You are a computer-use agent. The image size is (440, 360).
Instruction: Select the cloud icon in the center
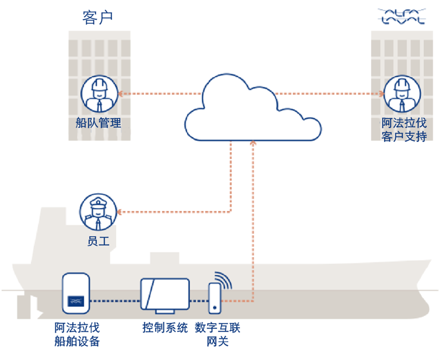pos(253,109)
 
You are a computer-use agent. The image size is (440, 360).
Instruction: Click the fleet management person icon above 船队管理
pos(99,94)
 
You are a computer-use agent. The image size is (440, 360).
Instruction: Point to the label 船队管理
pos(98,123)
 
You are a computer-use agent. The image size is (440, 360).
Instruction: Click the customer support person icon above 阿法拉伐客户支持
pos(403,94)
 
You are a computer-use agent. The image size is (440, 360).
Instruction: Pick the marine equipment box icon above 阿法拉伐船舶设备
pos(76,294)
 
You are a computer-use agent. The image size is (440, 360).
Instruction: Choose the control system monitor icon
pos(165,296)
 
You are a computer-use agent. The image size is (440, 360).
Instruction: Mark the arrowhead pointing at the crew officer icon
pos(121,212)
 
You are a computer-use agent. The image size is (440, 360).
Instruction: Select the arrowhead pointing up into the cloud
pos(253,144)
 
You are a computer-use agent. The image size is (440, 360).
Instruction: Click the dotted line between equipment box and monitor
pos(114,300)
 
